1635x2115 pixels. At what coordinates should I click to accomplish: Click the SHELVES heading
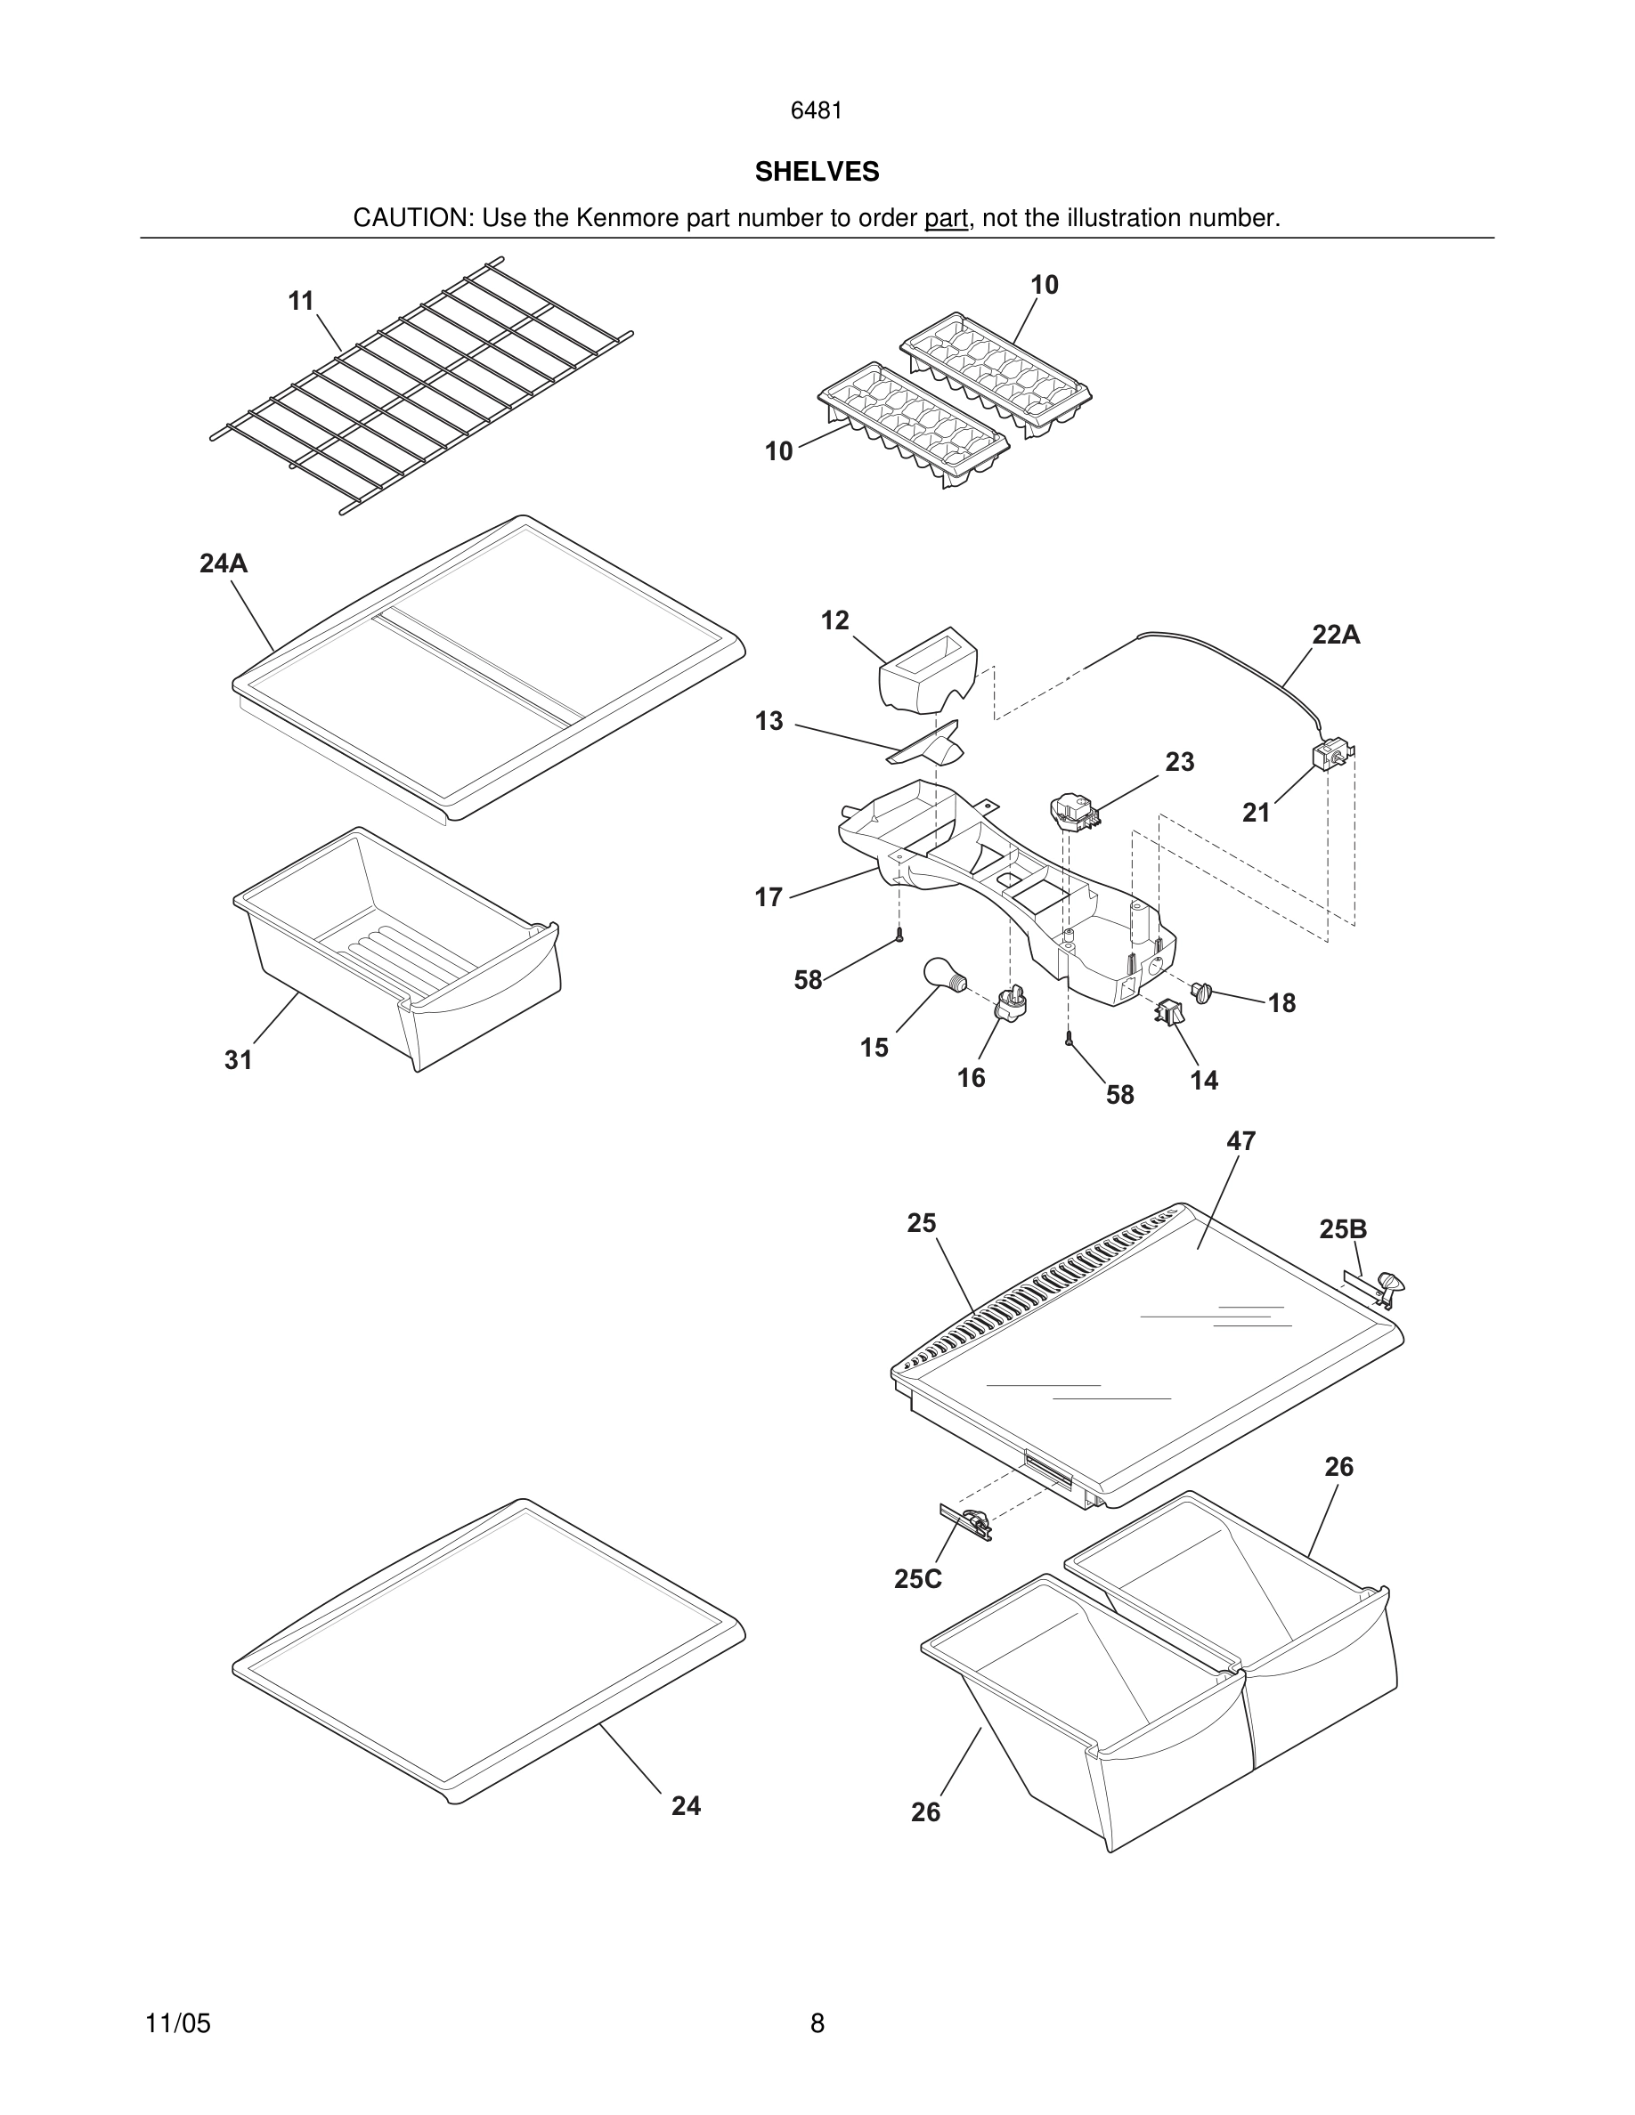tap(817, 172)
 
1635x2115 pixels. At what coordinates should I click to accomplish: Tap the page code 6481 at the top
tap(817, 110)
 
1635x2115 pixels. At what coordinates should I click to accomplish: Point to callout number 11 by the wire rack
tap(301, 301)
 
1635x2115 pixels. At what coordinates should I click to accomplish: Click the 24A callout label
tap(224, 563)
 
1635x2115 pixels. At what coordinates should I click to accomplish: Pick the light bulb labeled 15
tap(942, 973)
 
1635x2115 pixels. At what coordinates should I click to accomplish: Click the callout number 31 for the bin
tap(239, 1060)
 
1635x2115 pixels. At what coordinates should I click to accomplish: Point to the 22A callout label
tap(1336, 635)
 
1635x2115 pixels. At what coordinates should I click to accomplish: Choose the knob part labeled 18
tap(1202, 992)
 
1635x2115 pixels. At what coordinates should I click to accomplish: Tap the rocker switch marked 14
tap(1169, 1014)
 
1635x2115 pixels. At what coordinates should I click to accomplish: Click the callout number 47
tap(1240, 1141)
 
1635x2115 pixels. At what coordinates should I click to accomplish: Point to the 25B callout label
tap(1343, 1229)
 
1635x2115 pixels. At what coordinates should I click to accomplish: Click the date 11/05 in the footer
tap(177, 2023)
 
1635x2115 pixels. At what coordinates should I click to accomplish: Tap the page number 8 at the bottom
tap(817, 2023)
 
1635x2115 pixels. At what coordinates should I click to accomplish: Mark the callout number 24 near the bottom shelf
tap(686, 1805)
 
